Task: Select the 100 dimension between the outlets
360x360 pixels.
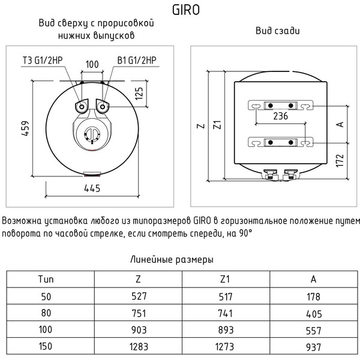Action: pyautogui.click(x=92, y=64)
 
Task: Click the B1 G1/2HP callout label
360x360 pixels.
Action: pyautogui.click(x=137, y=60)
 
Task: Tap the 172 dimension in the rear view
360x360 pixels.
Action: pyautogui.click(x=339, y=160)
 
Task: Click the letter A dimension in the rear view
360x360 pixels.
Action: pyautogui.click(x=339, y=124)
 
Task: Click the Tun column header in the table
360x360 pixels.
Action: pyautogui.click(x=46, y=280)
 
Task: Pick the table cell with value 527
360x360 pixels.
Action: pyautogui.click(x=139, y=296)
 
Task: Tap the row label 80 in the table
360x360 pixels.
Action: pyautogui.click(x=46, y=313)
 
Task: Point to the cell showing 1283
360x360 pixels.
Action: pyautogui.click(x=139, y=347)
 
